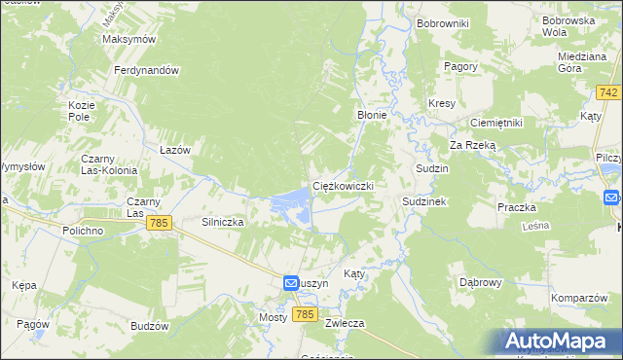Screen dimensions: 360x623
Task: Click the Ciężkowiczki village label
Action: (x=342, y=185)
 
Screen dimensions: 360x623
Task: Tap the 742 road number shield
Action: (x=609, y=92)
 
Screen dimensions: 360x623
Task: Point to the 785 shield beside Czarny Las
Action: (x=161, y=224)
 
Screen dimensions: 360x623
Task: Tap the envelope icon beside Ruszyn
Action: (x=291, y=282)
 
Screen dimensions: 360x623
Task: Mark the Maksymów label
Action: (x=129, y=40)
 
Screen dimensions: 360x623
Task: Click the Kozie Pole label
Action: (x=80, y=110)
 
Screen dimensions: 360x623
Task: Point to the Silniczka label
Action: (x=222, y=222)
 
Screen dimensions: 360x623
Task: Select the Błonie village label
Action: (x=372, y=115)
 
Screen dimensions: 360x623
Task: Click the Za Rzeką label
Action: (x=472, y=145)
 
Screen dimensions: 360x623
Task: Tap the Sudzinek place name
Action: (x=424, y=201)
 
